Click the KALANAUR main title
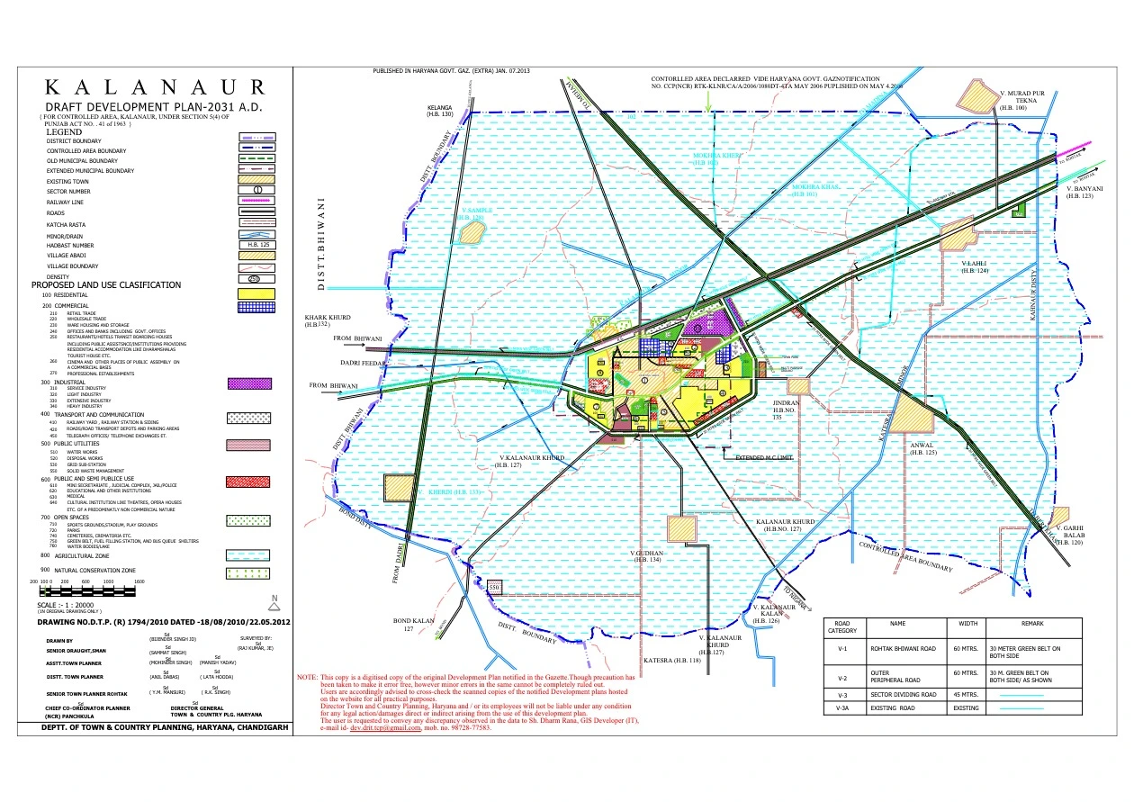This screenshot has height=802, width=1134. tap(155, 87)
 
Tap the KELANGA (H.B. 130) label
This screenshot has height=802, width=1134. tap(439, 111)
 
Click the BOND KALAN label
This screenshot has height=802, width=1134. tap(414, 625)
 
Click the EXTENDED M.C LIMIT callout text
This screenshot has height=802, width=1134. tap(765, 458)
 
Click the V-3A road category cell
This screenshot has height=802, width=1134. tap(841, 708)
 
